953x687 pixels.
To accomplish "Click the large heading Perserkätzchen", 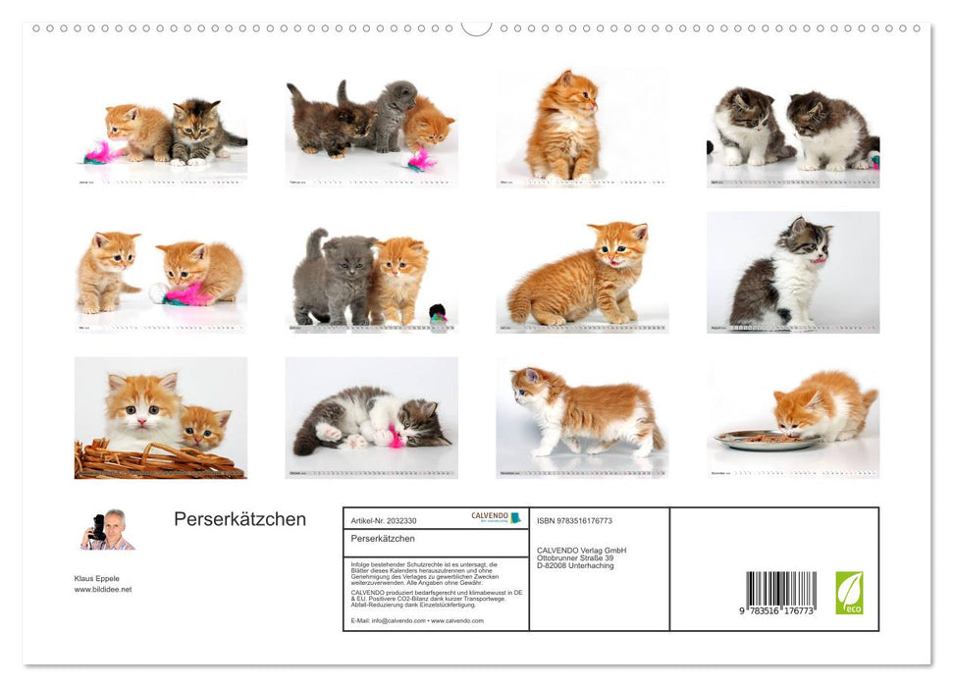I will pos(239,520).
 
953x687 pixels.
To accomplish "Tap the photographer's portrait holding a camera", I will pos(107,530).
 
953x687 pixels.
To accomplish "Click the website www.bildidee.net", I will pos(103,590).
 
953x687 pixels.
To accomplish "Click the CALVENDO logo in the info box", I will pos(496,517).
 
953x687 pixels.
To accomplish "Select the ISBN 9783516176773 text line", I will pos(574,520).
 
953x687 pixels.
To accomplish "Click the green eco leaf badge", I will pos(849,593).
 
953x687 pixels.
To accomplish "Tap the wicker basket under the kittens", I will pos(157,459).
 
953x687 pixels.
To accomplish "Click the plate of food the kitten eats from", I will pos(767,441).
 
